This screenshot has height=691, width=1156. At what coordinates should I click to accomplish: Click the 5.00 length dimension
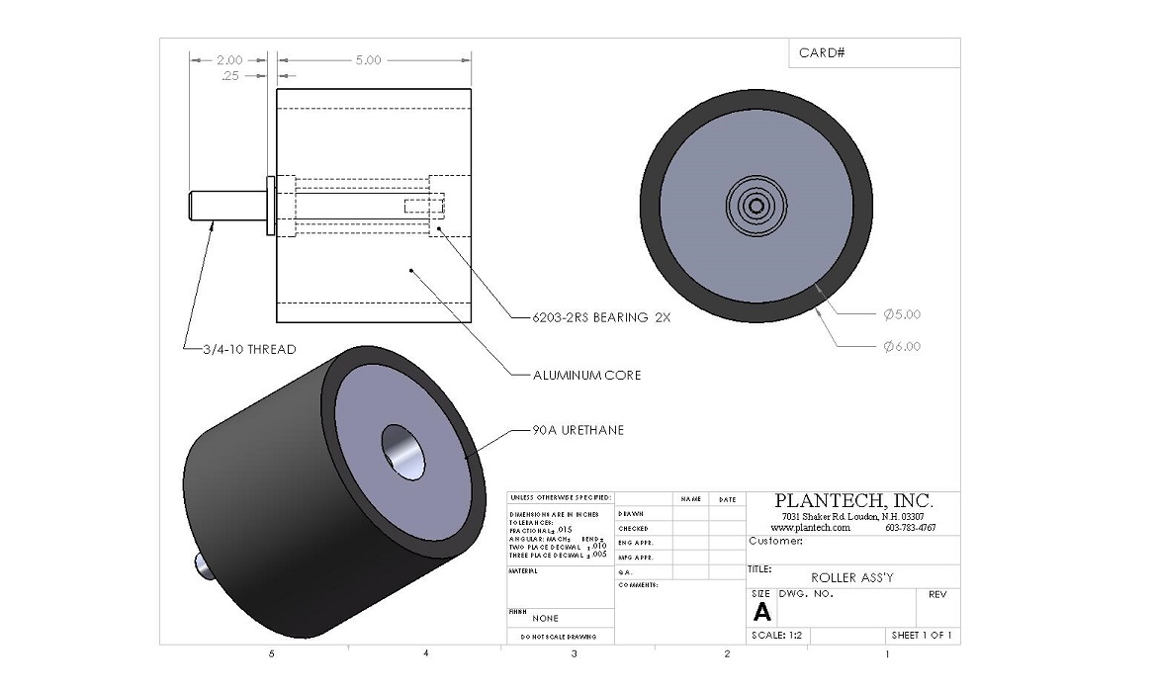click(368, 60)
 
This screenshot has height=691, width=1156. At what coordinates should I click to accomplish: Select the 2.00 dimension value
click(229, 60)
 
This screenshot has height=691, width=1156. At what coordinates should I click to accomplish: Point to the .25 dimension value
click(230, 75)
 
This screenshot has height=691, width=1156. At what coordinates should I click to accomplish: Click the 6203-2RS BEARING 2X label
click(593, 318)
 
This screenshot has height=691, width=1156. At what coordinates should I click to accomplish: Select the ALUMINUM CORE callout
click(588, 375)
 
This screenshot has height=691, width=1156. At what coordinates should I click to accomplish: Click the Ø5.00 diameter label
click(901, 314)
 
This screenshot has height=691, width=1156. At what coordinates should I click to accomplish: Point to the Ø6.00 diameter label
click(901, 346)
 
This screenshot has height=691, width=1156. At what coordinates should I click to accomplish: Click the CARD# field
click(822, 52)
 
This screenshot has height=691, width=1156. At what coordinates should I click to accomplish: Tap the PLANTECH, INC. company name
click(852, 500)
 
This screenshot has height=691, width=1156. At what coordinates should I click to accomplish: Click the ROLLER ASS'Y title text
click(851, 577)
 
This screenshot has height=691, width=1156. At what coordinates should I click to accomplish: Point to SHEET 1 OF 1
click(921, 636)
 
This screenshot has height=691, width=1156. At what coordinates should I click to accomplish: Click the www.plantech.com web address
click(810, 528)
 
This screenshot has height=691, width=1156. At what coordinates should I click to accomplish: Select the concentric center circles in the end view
click(756, 206)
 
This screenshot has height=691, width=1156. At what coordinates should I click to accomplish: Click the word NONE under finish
click(545, 618)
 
